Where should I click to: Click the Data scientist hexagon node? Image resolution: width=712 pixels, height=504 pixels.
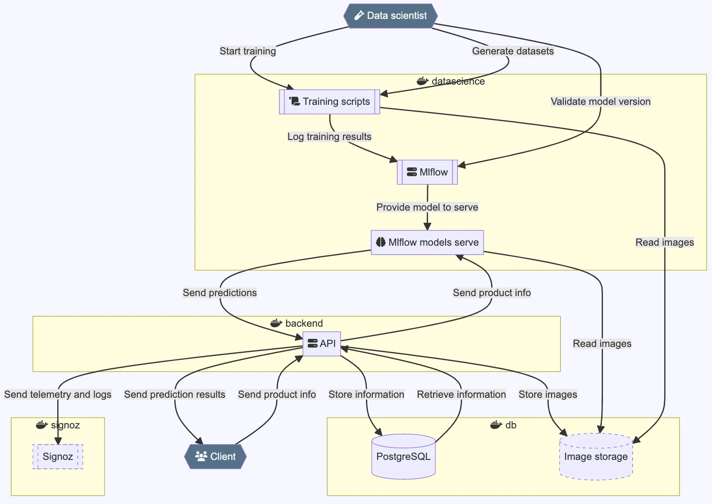pyautogui.click(x=390, y=16)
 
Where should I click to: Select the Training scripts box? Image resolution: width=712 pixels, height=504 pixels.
pyautogui.click(x=329, y=102)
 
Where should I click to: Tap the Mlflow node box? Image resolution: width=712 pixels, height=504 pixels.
pyautogui.click(x=427, y=172)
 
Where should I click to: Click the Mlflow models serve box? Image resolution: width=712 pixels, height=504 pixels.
pyautogui.click(x=427, y=243)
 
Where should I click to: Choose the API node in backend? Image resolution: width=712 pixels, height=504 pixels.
pyautogui.click(x=322, y=344)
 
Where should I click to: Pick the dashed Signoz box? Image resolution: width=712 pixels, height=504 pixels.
pyautogui.click(x=58, y=457)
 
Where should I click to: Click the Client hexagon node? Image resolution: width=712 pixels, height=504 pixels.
pyautogui.click(x=215, y=457)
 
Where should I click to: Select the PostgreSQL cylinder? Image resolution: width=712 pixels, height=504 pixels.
pyautogui.click(x=403, y=457)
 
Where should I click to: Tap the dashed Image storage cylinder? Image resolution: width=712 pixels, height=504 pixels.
pyautogui.click(x=596, y=457)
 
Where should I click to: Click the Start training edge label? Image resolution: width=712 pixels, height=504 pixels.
pyautogui.click(x=247, y=51)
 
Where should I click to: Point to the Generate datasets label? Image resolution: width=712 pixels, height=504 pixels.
pyautogui.click(x=513, y=51)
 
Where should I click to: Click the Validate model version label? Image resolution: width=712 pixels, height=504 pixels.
pyautogui.click(x=600, y=102)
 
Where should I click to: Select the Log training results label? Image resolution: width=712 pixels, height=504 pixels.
pyautogui.click(x=329, y=137)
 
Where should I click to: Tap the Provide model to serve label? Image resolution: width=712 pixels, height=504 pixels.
pyautogui.click(x=427, y=207)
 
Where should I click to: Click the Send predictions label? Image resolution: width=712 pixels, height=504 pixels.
pyautogui.click(x=219, y=293)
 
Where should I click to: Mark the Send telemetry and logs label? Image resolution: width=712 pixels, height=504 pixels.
pyautogui.click(x=58, y=395)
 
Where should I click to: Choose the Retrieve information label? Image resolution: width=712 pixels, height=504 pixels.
pyautogui.click(x=461, y=395)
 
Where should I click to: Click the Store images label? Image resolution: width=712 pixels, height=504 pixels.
pyautogui.click(x=548, y=395)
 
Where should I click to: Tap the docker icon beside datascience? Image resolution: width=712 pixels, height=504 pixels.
pyautogui.click(x=422, y=81)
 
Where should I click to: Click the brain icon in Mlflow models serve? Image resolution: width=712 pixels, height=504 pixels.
pyautogui.click(x=381, y=243)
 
